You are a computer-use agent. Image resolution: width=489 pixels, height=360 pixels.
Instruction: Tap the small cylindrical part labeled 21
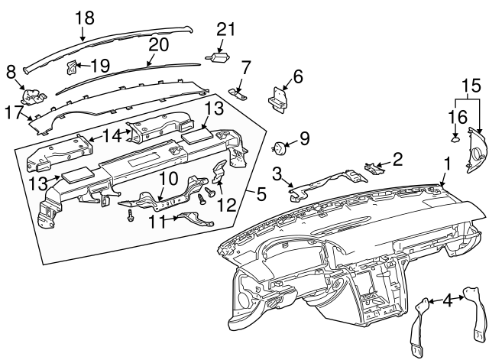click(219, 57)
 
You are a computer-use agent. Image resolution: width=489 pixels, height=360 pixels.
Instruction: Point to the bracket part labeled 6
click(279, 97)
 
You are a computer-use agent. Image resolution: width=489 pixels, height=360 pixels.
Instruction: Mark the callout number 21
click(224, 30)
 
